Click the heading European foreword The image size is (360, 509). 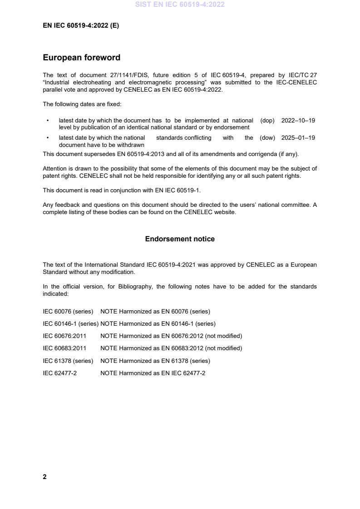click(x=81, y=58)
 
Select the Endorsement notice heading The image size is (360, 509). click(x=180, y=239)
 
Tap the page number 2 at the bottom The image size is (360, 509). click(x=44, y=477)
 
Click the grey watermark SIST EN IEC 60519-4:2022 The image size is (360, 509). click(x=180, y=5)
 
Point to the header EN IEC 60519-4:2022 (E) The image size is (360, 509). click(x=81, y=26)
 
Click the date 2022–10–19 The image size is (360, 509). click(x=298, y=121)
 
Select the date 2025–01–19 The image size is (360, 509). click(x=298, y=138)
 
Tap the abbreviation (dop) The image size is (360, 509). click(x=267, y=121)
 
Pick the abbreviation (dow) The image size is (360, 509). click(x=267, y=138)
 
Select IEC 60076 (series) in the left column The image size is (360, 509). click(x=68, y=312)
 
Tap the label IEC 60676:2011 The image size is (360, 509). click(x=64, y=336)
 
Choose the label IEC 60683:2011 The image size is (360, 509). click(x=64, y=348)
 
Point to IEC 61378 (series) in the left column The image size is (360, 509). click(x=68, y=361)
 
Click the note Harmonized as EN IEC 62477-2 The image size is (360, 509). click(x=153, y=373)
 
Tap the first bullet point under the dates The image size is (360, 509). click(x=48, y=121)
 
